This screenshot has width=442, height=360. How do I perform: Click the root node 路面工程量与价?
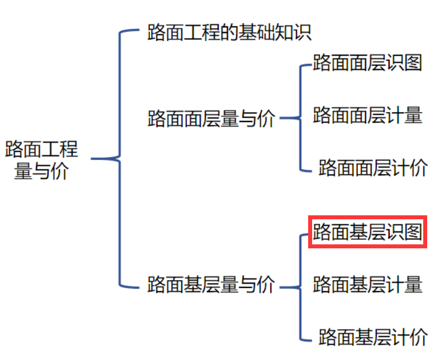(42, 160)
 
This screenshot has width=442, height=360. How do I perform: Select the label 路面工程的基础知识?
(230, 32)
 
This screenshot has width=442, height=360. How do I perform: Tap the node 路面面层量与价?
(211, 119)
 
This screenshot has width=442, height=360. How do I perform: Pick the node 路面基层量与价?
(211, 284)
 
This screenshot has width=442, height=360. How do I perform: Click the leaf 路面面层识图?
(367, 63)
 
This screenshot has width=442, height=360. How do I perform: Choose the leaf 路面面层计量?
(367, 115)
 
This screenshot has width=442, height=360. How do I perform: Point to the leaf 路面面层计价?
(373, 167)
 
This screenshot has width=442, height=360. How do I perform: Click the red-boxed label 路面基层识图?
(367, 232)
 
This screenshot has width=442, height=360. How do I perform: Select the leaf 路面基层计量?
(367, 284)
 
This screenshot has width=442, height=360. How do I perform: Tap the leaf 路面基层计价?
(373, 336)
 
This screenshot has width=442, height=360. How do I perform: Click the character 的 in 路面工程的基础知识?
(230, 32)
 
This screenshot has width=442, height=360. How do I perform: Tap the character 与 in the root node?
(42, 170)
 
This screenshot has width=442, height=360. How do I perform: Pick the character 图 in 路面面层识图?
(413, 63)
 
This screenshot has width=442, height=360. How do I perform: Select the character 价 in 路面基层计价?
(418, 336)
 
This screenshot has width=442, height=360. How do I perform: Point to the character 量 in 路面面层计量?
(413, 115)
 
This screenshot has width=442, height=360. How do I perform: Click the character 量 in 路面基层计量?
(413, 284)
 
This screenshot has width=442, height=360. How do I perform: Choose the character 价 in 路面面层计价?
(418, 167)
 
